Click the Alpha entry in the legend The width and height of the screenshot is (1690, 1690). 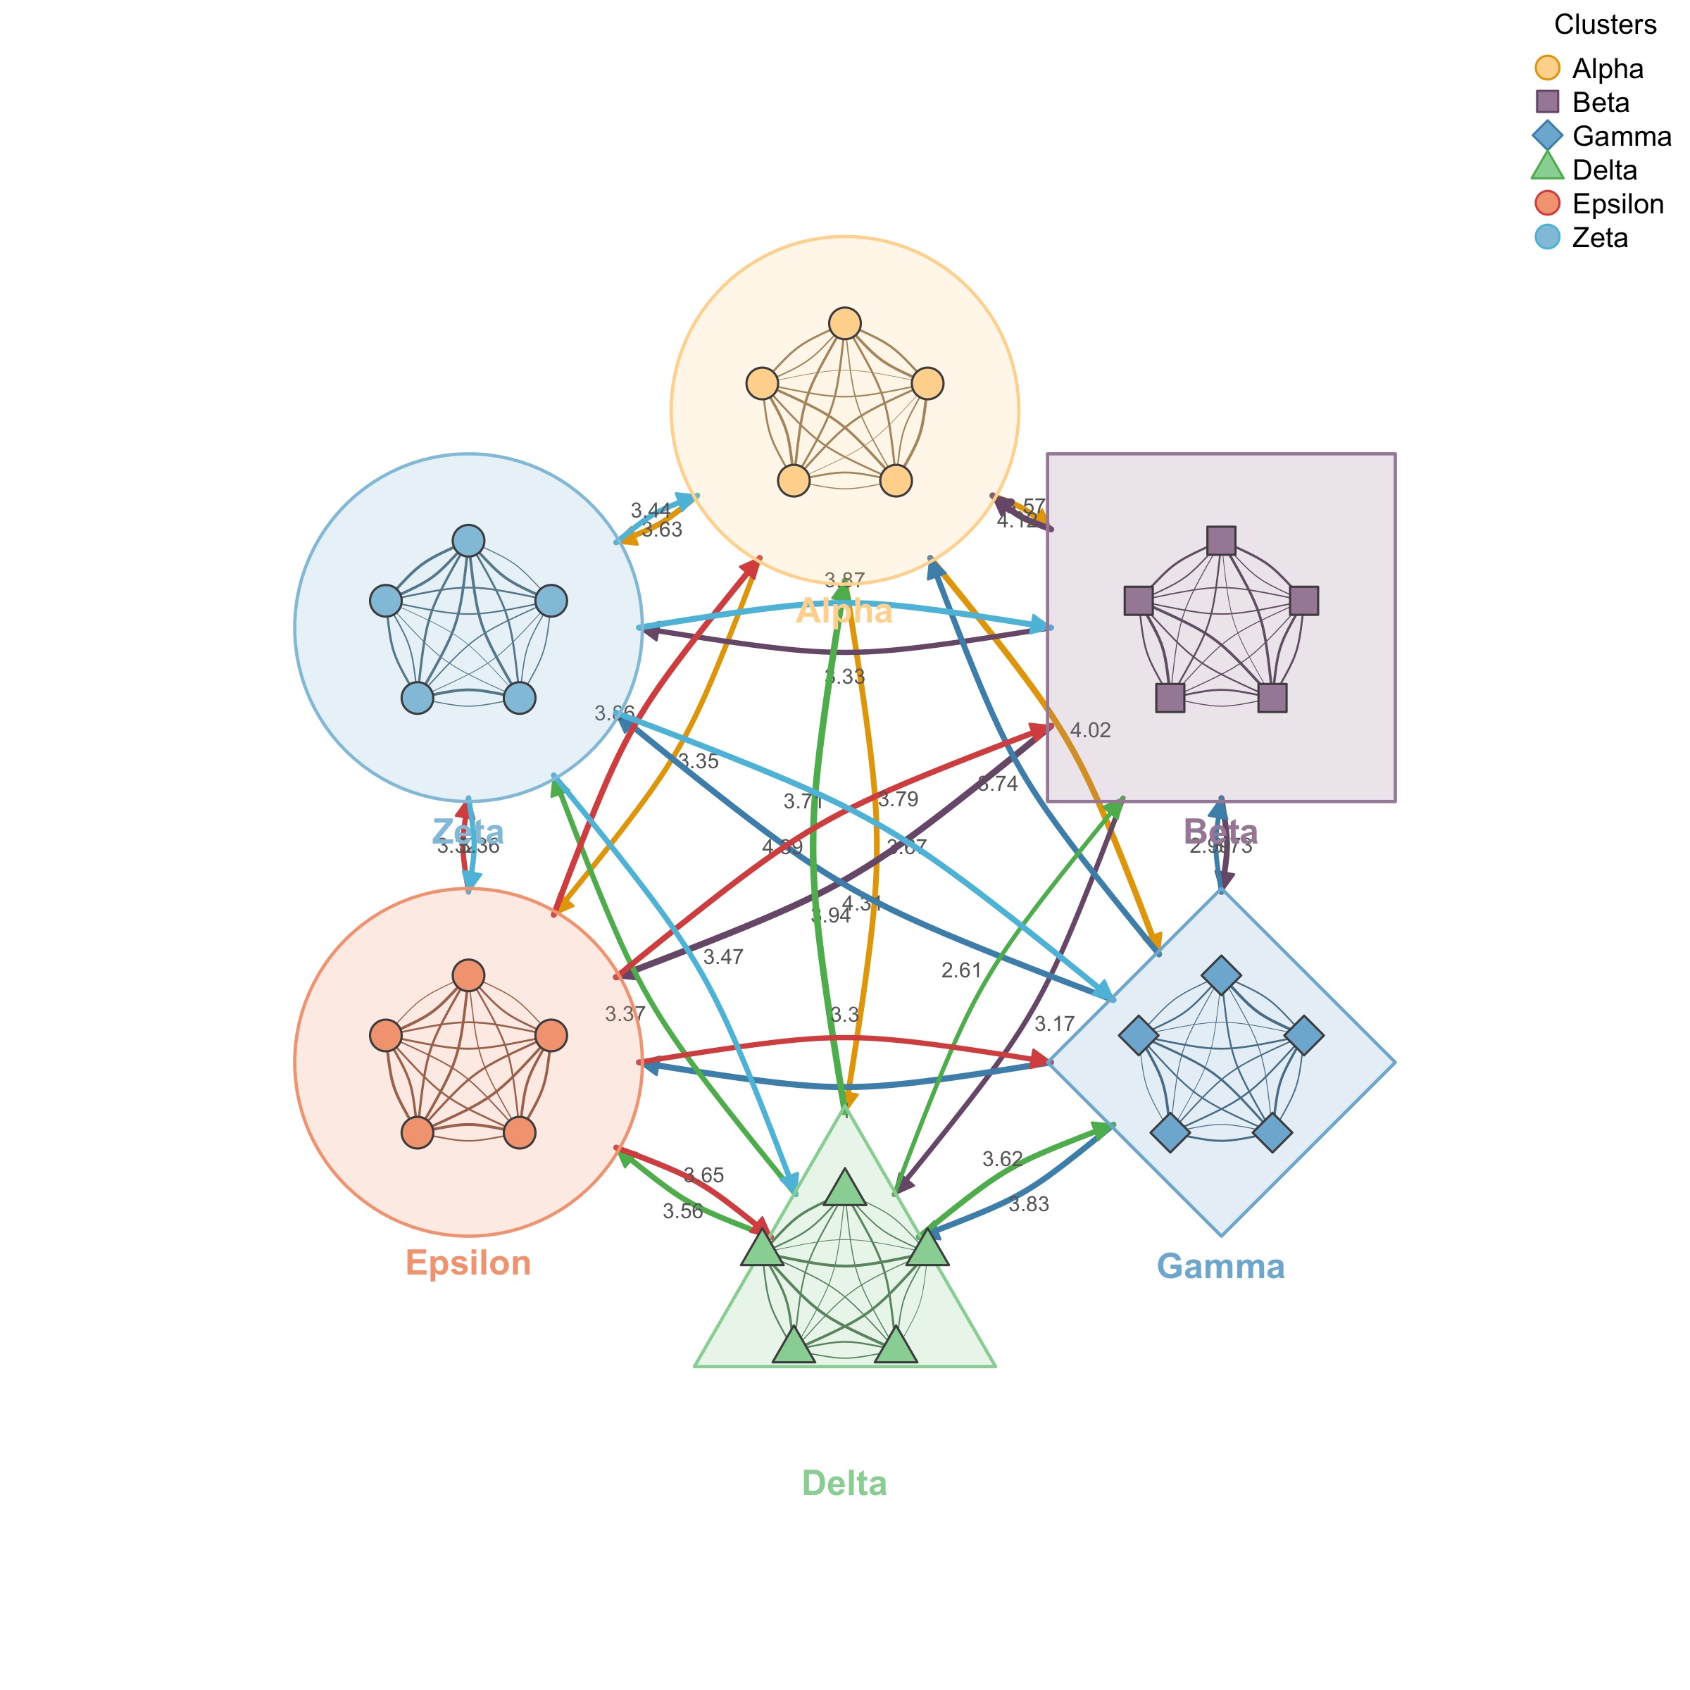tap(1607, 68)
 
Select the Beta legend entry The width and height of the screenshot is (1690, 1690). tap(1600, 102)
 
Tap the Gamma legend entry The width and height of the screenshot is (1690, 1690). tap(1621, 137)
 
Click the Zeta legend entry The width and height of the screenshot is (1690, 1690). tap(1599, 238)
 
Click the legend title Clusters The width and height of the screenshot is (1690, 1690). tap(1604, 25)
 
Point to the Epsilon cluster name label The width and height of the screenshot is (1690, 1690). tap(468, 1263)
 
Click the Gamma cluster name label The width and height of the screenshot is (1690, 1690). tap(1220, 1267)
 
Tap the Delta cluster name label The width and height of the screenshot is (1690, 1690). tap(844, 1484)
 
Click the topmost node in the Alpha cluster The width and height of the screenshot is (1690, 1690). tap(844, 323)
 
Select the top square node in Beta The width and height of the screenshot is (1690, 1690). tap(1220, 541)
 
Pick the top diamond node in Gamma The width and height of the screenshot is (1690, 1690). tap(1220, 975)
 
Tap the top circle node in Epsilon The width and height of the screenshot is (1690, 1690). tap(469, 975)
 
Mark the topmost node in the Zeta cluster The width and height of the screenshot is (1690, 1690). tap(469, 541)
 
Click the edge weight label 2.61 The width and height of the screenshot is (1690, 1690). tap(961, 970)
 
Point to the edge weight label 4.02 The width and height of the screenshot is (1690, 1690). tap(1090, 730)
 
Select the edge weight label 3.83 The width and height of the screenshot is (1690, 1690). tap(1029, 1205)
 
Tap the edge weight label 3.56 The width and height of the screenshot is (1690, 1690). tap(682, 1211)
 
